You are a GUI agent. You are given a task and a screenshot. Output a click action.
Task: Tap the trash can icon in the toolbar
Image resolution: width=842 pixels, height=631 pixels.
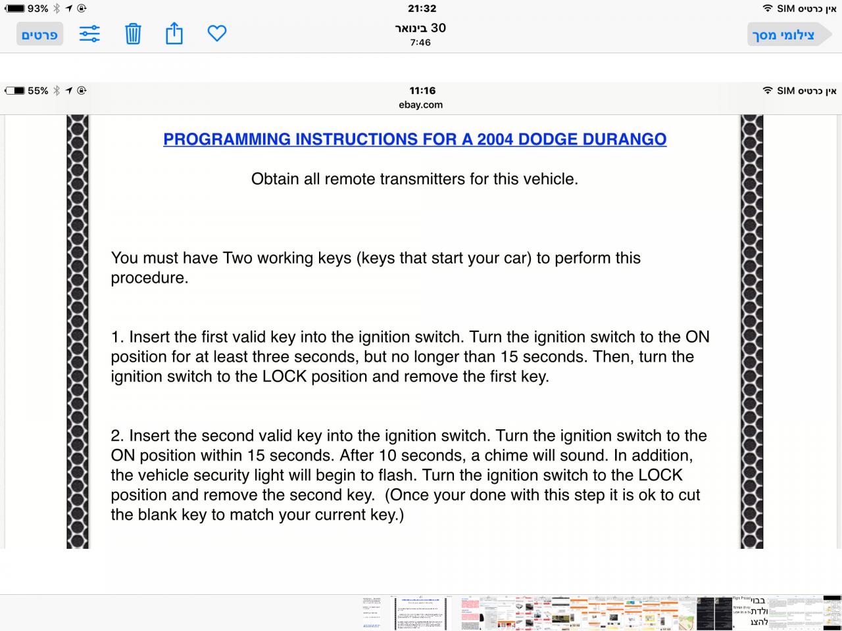(133, 34)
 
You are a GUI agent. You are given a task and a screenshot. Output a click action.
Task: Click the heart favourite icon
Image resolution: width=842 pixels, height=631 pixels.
(217, 34)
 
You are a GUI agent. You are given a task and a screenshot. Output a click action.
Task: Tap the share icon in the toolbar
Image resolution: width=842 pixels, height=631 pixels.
(174, 33)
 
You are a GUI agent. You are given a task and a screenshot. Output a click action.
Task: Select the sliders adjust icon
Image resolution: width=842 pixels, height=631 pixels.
(89, 34)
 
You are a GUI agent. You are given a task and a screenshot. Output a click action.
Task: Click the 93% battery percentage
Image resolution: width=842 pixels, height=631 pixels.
(38, 9)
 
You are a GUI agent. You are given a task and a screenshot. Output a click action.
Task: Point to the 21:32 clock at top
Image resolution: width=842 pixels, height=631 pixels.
(422, 9)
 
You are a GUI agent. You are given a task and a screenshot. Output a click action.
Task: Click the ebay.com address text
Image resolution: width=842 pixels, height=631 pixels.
(421, 105)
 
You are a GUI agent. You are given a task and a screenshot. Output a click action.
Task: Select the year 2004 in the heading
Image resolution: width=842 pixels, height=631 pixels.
(495, 139)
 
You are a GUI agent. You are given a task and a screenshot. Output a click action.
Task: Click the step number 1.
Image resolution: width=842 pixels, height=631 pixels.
(116, 337)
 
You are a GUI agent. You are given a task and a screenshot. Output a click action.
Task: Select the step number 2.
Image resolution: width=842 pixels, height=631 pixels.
(116, 436)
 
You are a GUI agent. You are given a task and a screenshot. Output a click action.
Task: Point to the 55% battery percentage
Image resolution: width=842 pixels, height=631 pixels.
(38, 91)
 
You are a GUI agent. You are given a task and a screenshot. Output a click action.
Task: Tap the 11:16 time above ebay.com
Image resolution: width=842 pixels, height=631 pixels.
(422, 91)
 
